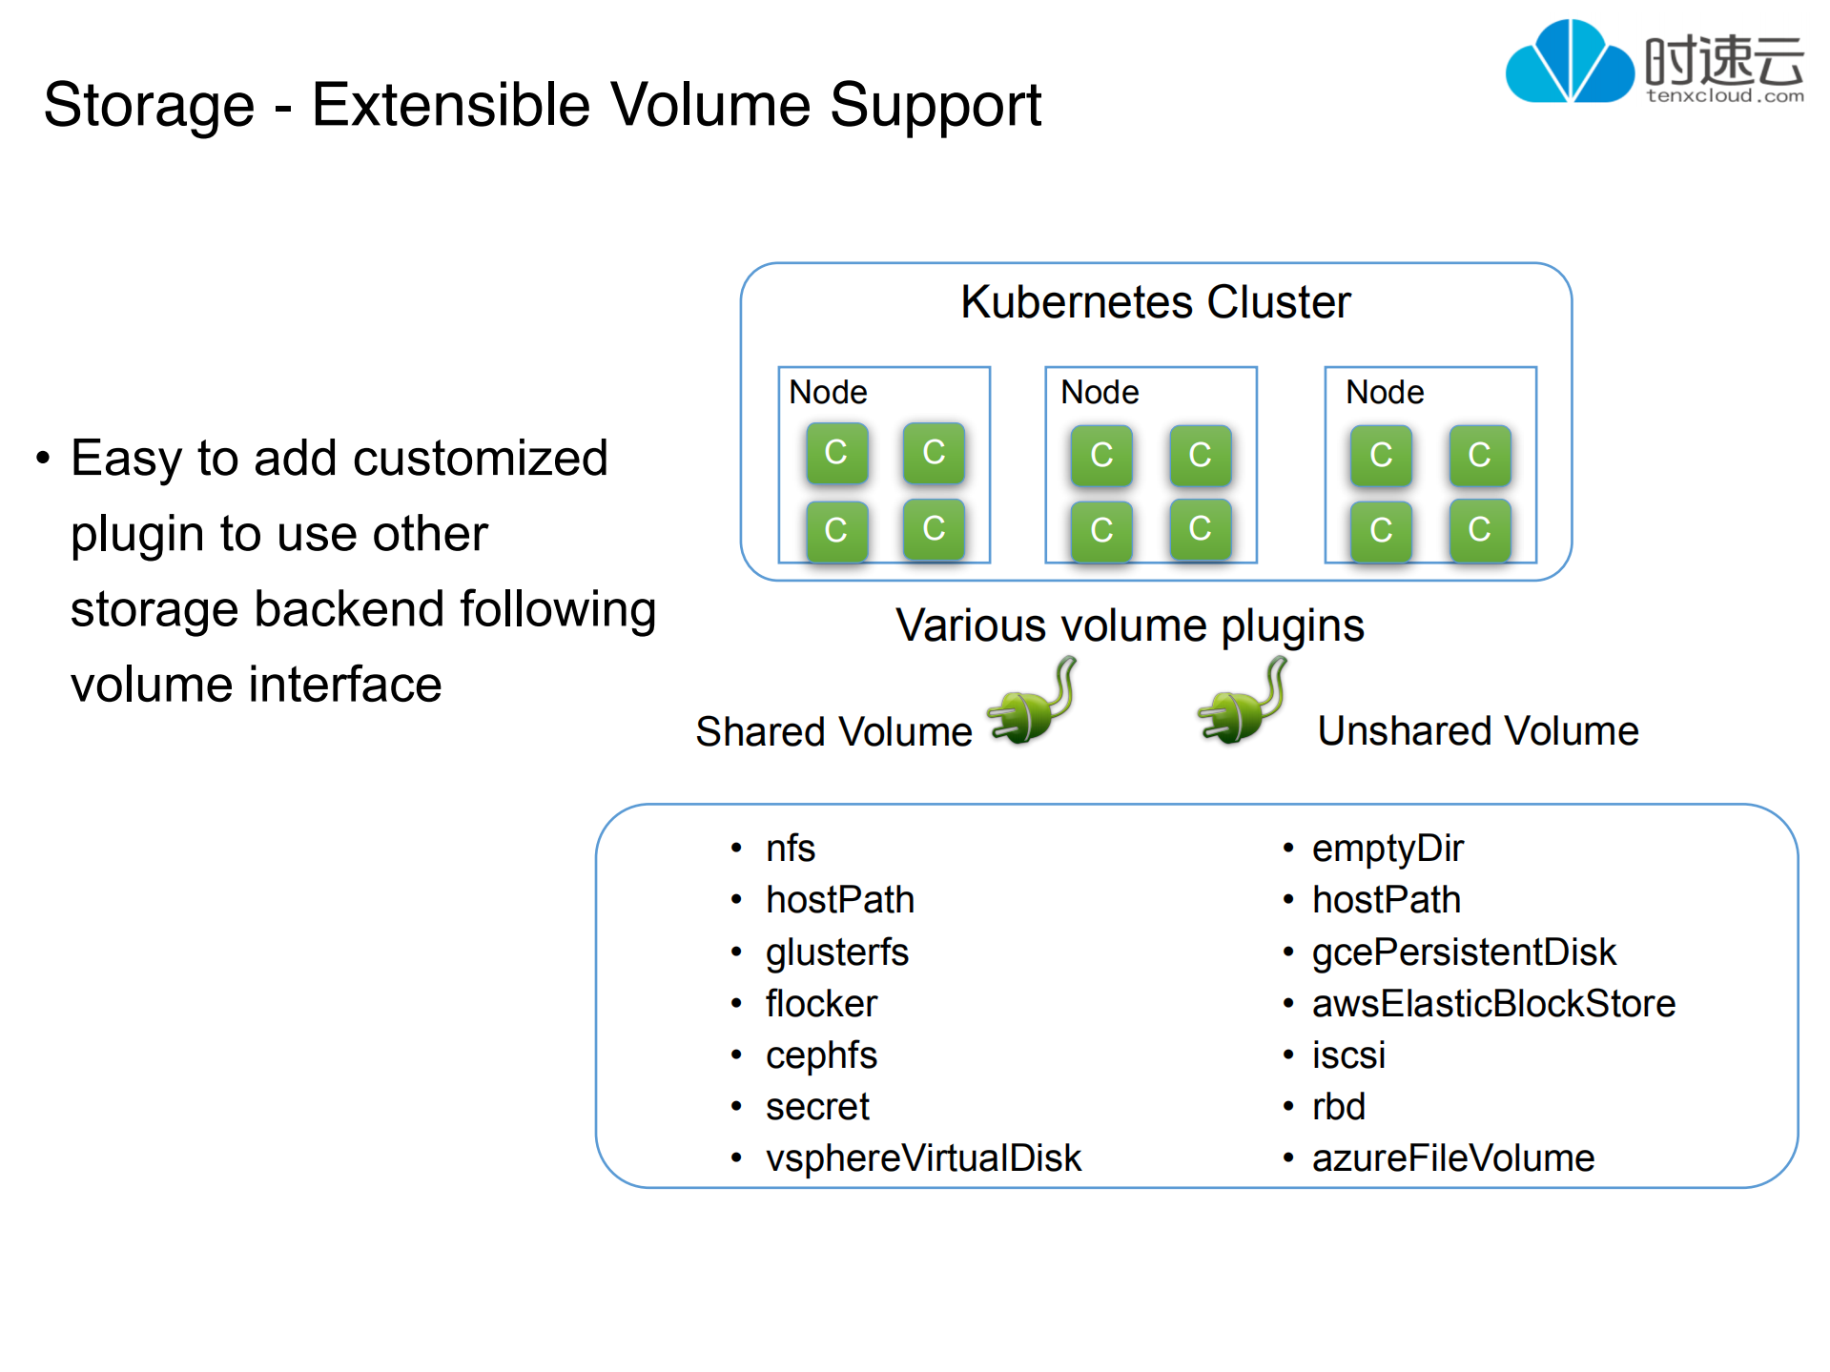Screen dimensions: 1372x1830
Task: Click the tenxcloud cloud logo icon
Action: tap(1569, 62)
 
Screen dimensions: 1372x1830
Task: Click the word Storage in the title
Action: tap(149, 105)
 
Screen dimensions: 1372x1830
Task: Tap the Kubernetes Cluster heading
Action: tap(1155, 302)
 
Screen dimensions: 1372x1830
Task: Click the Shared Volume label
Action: tap(833, 732)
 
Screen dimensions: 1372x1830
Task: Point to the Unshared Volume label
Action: tap(1477, 731)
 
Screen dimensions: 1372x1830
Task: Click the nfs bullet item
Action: tap(790, 849)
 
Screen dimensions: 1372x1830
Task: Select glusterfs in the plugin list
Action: tap(836, 952)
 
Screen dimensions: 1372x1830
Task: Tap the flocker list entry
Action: tap(820, 1004)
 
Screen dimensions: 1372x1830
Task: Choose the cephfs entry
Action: tap(820, 1055)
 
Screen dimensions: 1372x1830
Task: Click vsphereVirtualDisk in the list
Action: tap(923, 1158)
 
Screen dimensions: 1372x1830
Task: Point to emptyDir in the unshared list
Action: tap(1387, 849)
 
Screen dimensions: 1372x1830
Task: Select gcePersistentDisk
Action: tap(1463, 952)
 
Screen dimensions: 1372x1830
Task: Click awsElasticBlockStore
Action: tap(1493, 1004)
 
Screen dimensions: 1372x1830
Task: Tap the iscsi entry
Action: tap(1347, 1055)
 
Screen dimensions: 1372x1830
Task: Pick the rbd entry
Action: tap(1338, 1107)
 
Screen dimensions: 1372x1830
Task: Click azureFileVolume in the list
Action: tap(1452, 1158)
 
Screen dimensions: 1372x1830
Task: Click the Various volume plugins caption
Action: tap(1129, 626)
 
